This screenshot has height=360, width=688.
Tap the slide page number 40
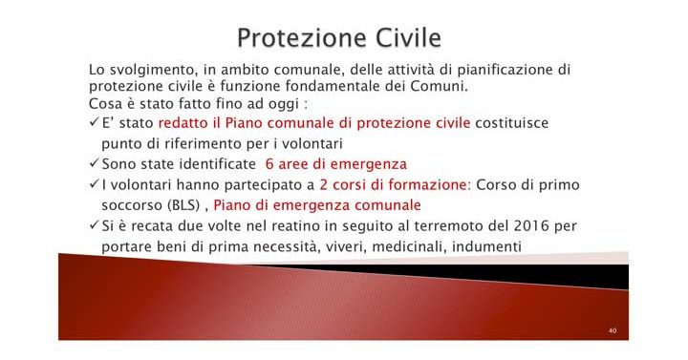click(x=612, y=330)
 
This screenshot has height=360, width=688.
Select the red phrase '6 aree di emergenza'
click(x=335, y=163)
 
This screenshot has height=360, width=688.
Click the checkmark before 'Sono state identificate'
click(x=94, y=163)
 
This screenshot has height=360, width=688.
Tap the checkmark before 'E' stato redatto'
click(x=94, y=123)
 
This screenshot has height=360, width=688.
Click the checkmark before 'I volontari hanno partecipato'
click(x=94, y=184)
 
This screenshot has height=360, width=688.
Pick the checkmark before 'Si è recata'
click(x=94, y=226)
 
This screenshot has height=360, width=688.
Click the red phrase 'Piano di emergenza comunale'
click(x=317, y=205)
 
